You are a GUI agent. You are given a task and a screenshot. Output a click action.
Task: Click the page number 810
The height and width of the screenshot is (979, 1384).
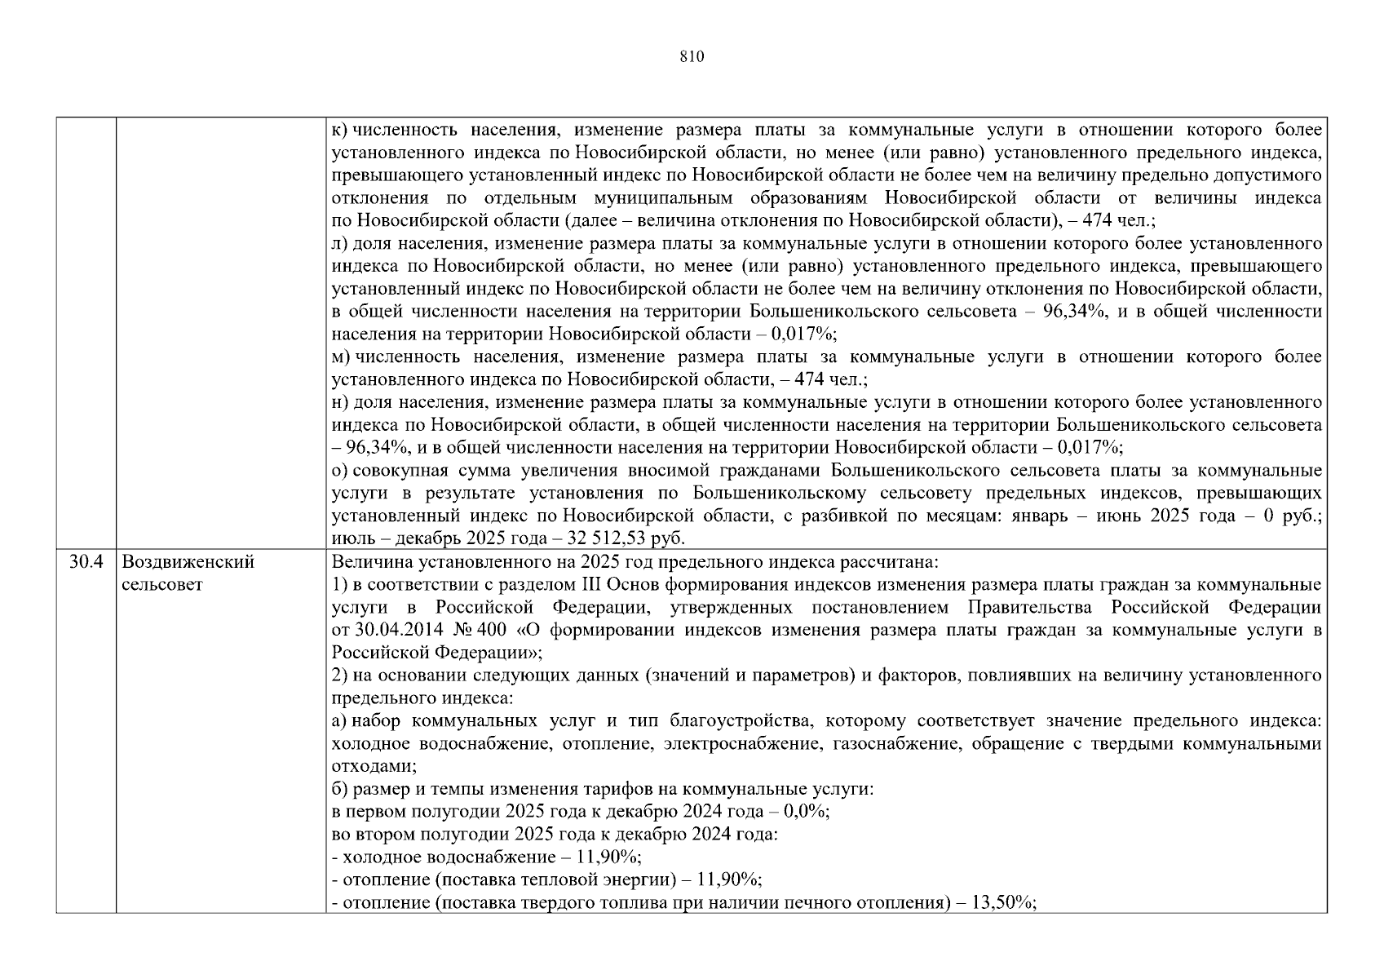[691, 56]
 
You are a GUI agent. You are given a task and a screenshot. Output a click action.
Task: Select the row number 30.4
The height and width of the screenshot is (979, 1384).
[86, 562]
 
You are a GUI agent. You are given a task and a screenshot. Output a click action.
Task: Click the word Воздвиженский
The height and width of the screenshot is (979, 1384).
[188, 562]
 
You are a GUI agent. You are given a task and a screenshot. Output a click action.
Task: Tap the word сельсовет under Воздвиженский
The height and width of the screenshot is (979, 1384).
[161, 585]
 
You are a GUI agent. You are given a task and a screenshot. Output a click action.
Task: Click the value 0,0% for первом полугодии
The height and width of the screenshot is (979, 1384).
[805, 812]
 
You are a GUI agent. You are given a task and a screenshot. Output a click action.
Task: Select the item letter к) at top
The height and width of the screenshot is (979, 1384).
[339, 131]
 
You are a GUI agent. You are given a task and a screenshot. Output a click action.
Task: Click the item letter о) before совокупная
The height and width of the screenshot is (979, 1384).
[340, 471]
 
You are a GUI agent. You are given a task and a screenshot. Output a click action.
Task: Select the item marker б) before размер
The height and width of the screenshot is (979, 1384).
[340, 790]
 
